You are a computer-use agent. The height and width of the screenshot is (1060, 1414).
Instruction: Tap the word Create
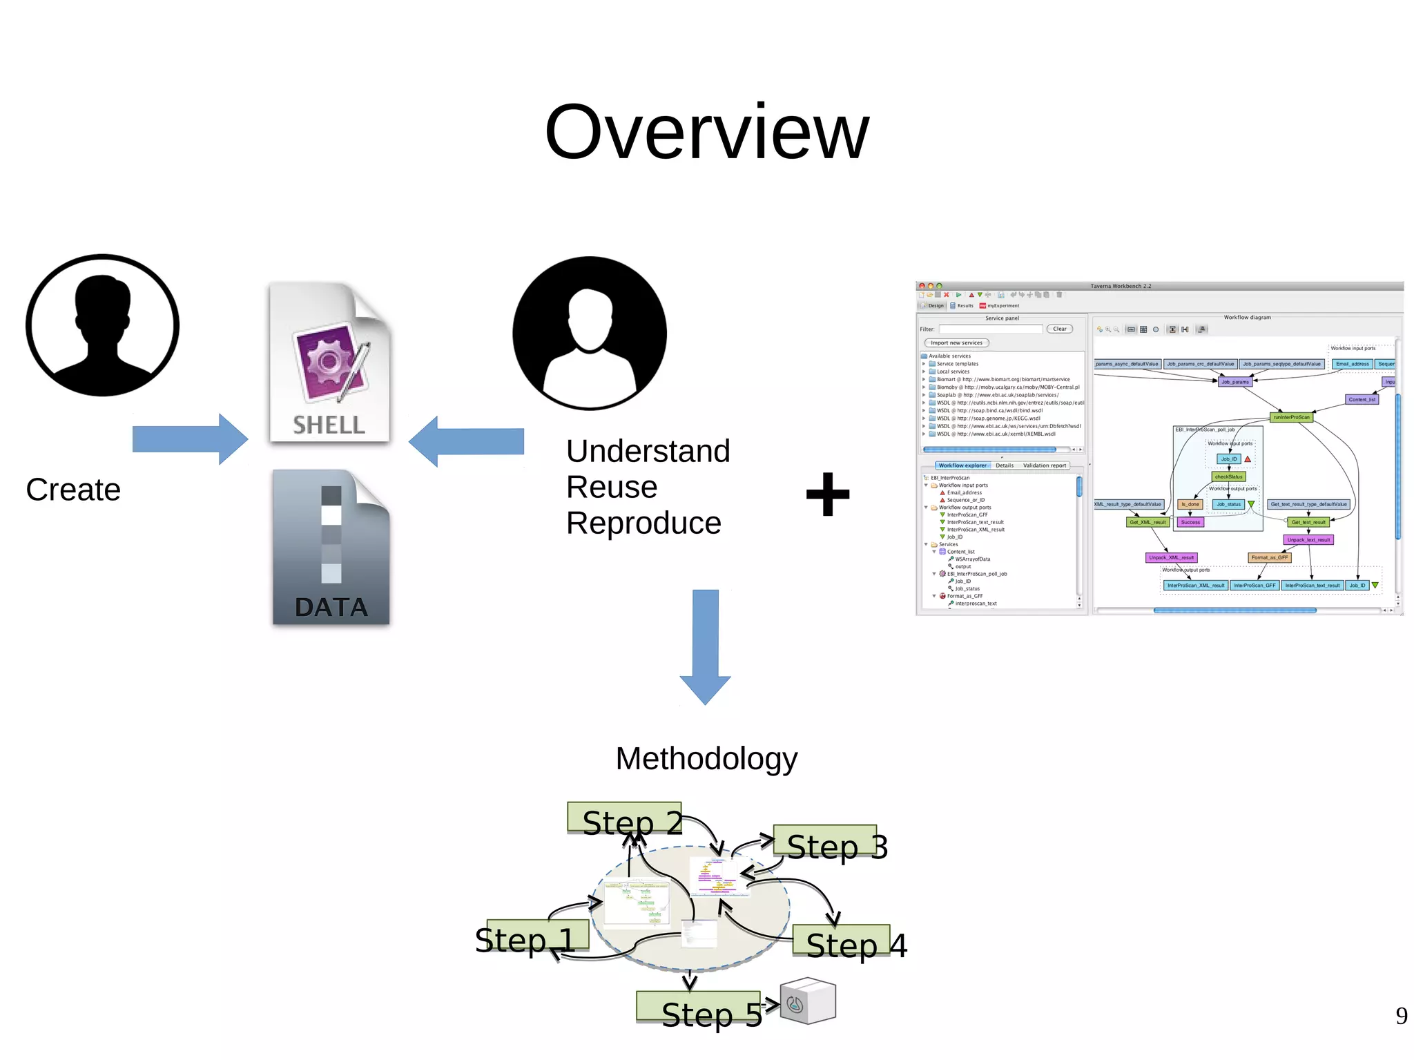pos(73,490)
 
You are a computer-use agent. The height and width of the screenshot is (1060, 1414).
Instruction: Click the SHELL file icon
pos(330,362)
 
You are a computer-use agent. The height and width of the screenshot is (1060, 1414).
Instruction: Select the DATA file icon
pos(331,548)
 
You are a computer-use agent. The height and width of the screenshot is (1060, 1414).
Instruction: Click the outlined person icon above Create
pos(102,325)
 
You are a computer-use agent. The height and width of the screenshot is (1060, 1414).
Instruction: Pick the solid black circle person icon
pos(590,333)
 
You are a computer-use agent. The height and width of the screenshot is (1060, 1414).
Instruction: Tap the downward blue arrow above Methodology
pos(705,646)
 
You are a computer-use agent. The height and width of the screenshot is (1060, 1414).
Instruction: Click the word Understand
pos(648,451)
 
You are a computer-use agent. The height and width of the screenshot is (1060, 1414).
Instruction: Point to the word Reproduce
pos(643,523)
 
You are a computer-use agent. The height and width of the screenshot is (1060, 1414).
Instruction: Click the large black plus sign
pos(828,494)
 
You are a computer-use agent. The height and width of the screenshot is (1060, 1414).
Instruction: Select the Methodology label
pos(706,758)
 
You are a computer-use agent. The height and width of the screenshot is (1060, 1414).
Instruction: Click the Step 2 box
pos(624,818)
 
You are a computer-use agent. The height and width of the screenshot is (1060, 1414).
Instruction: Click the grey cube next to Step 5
pos(808,1001)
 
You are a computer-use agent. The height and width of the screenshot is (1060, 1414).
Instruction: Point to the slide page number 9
pos(1401,1015)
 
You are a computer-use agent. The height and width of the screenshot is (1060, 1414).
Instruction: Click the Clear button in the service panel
pos(1059,329)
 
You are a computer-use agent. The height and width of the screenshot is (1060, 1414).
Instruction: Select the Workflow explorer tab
pos(962,465)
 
